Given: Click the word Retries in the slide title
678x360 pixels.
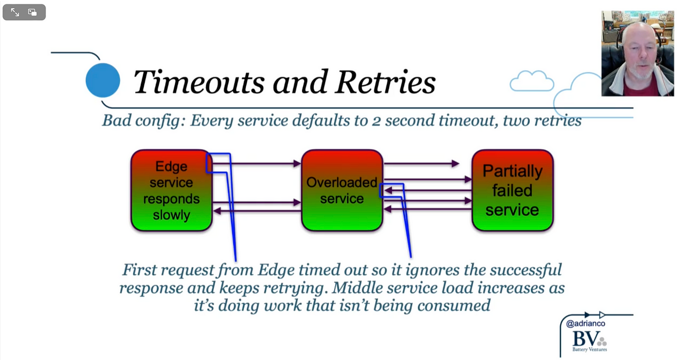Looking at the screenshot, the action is click(x=385, y=82).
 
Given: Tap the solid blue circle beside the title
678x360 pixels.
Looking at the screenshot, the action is click(x=103, y=80).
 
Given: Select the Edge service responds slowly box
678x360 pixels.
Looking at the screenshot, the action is click(x=171, y=190).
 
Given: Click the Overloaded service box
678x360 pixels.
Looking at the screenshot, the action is click(x=342, y=190).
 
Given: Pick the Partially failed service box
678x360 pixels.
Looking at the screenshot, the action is click(x=512, y=190).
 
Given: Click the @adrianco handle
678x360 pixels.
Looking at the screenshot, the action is click(x=586, y=324).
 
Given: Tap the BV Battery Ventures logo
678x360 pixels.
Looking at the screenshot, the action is click(x=589, y=341).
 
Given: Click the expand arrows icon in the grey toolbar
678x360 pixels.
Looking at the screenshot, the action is click(x=15, y=12).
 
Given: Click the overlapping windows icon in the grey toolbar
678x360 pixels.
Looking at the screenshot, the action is click(x=32, y=12).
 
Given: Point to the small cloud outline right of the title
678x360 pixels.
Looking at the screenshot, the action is click(x=532, y=81).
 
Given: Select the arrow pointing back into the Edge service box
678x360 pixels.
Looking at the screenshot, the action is click(x=258, y=211).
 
